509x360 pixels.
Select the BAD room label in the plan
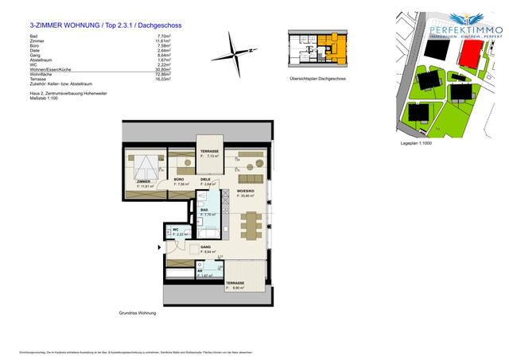pos(204,210)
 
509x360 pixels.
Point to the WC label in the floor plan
pos(176,230)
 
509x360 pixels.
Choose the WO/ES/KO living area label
pos(247,192)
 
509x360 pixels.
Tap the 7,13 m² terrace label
pos(209,151)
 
